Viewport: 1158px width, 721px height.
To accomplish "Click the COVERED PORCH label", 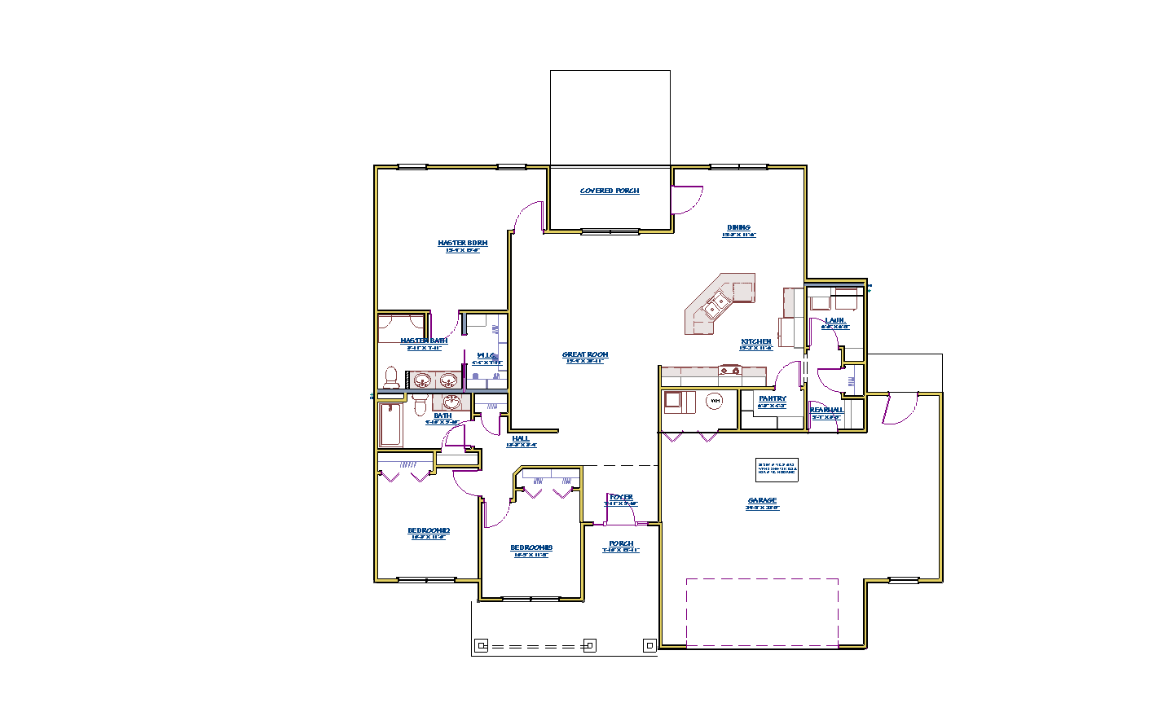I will tap(610, 191).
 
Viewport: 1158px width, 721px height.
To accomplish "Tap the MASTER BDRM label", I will tap(462, 244).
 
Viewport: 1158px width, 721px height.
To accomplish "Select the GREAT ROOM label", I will tap(585, 355).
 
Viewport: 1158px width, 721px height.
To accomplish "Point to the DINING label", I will tap(738, 228).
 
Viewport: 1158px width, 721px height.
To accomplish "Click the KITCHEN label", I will tap(755, 342).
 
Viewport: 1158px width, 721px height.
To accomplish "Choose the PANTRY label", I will tap(772, 399).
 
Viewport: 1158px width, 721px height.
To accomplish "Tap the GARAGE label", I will tap(762, 501).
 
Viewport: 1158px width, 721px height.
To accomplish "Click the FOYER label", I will tap(621, 498).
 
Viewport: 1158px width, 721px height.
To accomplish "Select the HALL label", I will tap(521, 439).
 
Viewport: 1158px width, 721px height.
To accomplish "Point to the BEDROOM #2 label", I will tap(429, 531).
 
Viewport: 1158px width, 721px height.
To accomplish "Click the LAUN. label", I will tap(834, 321).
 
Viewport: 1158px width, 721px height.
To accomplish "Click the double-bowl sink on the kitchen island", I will tap(716, 306).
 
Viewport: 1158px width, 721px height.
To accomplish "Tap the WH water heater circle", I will tap(715, 401).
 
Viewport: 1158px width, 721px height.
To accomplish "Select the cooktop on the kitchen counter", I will tap(729, 371).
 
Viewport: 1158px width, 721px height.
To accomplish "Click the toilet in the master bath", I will tap(391, 378).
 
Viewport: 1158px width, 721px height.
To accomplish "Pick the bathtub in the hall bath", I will tap(390, 425).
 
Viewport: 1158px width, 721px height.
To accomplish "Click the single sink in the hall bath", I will tap(452, 402).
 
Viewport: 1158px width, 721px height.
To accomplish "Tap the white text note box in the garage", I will tap(777, 468).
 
